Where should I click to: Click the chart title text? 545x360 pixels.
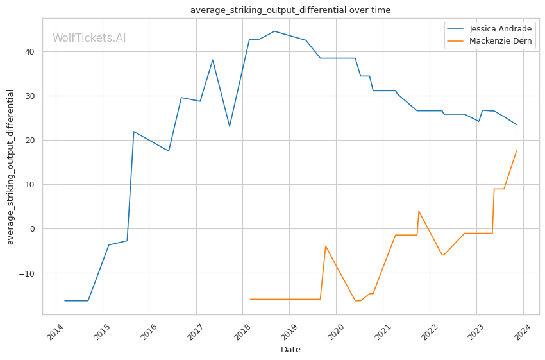coord(290,10)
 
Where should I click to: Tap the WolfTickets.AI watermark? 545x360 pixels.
coord(89,38)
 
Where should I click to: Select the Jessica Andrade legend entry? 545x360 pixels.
coord(499,29)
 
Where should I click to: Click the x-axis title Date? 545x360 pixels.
coord(290,350)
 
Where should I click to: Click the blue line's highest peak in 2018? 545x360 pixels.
coord(274,31)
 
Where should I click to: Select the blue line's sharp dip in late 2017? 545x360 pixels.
coord(230,126)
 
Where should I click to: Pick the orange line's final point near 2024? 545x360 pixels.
coord(517,151)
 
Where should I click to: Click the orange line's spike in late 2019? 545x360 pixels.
coord(326,246)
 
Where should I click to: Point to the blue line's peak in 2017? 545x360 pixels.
coord(212,60)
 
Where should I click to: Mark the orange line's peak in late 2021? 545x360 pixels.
coord(419,211)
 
